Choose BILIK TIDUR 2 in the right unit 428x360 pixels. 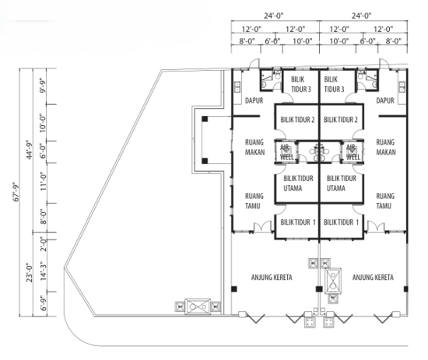click(x=340, y=120)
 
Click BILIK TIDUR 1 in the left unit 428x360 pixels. click(x=296, y=222)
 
